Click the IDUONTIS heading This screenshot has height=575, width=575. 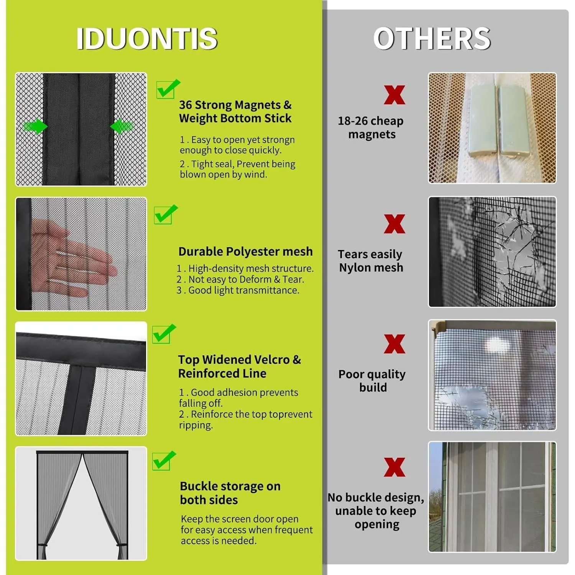[x=147, y=39]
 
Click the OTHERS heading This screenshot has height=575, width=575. [x=432, y=38]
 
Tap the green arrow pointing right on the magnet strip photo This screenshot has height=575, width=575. [x=35, y=127]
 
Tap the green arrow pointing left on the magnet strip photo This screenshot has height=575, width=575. [x=122, y=127]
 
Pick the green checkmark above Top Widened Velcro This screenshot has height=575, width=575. [x=164, y=334]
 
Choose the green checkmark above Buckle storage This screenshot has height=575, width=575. [x=164, y=461]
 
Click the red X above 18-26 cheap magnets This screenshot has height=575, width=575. [x=394, y=95]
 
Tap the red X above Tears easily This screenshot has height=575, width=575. [x=394, y=224]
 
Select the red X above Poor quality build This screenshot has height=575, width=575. [x=394, y=344]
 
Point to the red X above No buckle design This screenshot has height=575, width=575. [x=394, y=467]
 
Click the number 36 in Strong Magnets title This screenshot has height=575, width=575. [x=186, y=105]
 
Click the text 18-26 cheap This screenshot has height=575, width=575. [x=371, y=121]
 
